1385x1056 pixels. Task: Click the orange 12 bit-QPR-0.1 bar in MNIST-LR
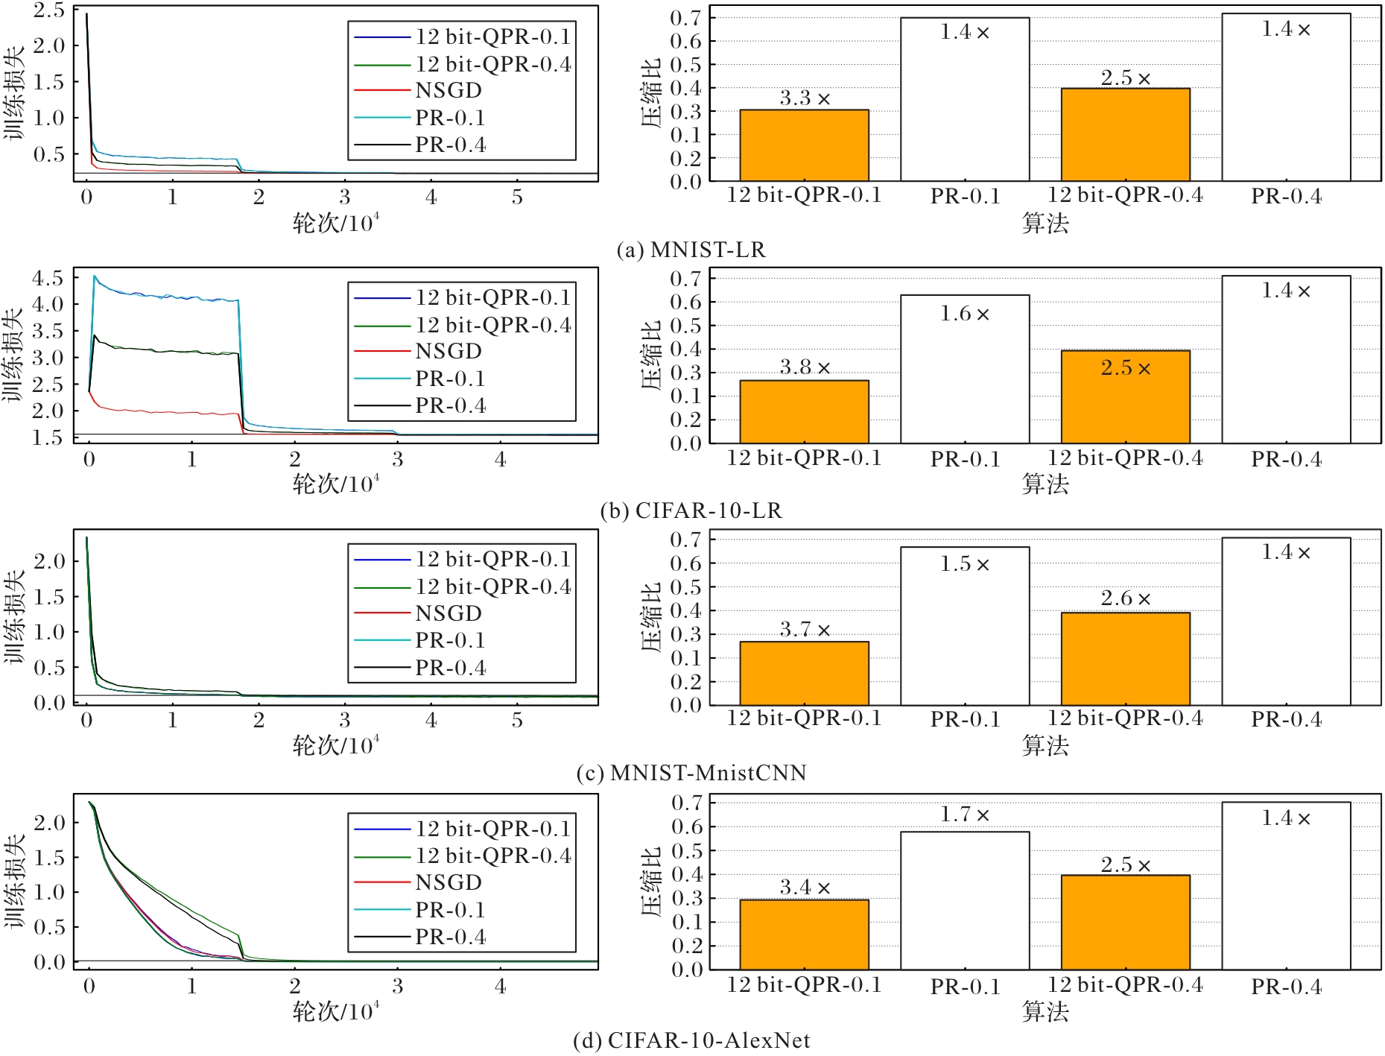coord(804,145)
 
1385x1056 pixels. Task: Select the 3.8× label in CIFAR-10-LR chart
coord(805,367)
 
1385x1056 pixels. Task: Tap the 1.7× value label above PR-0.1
coord(965,815)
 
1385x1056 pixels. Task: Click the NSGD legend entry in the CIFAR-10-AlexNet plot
coord(449,882)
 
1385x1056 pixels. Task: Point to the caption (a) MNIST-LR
coord(691,250)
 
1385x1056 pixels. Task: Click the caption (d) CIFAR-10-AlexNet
coord(691,1040)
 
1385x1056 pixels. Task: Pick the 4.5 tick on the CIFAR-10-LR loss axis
coord(48,279)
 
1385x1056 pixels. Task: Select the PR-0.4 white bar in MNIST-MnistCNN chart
coord(1286,622)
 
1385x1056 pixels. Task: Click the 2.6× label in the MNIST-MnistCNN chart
coord(1126,598)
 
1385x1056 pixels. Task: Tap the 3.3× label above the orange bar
coord(805,98)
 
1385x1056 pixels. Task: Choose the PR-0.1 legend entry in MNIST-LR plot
coord(450,118)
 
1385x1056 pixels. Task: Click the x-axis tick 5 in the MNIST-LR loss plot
coord(517,197)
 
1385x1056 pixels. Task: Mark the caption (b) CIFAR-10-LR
coord(691,511)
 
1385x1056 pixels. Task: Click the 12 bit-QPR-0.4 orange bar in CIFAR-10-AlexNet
coord(1125,922)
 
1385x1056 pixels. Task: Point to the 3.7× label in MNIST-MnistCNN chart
coord(805,630)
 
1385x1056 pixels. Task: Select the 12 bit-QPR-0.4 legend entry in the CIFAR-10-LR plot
coord(493,325)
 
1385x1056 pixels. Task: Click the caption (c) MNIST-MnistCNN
coord(691,773)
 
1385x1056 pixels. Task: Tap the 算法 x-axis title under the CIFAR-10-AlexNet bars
coord(1045,1012)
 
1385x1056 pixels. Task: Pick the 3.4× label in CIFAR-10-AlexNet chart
coord(805,888)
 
